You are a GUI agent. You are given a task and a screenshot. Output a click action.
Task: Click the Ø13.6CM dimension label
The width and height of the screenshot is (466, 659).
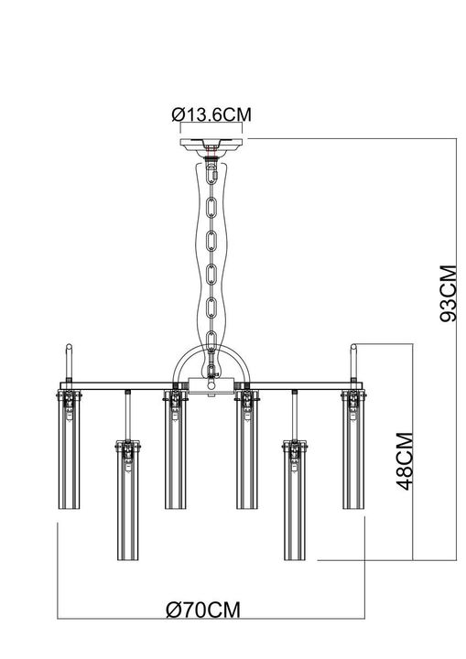[x=211, y=115]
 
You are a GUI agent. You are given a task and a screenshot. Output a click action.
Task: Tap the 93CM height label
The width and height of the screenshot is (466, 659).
[x=447, y=294]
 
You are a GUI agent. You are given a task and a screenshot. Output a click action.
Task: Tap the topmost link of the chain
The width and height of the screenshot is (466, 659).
[x=212, y=173]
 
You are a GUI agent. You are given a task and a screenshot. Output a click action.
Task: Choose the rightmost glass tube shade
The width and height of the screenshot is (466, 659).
[x=353, y=448]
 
